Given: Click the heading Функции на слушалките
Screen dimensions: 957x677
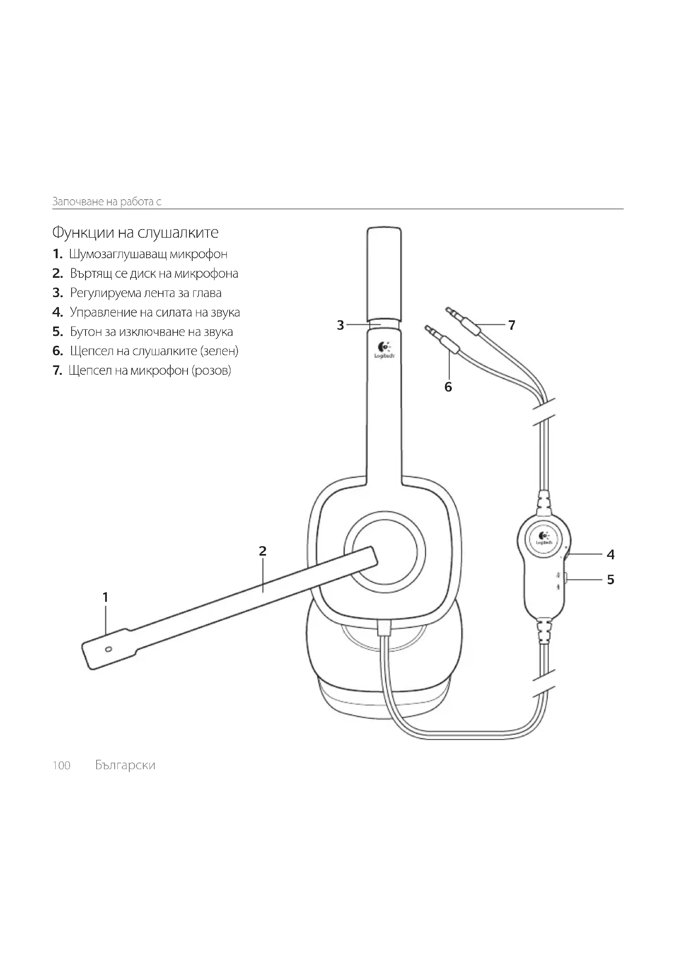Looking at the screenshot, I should tap(135, 232).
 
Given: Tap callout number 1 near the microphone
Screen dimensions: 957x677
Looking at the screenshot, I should tap(106, 597).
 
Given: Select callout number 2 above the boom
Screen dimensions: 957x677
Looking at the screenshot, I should tap(262, 551).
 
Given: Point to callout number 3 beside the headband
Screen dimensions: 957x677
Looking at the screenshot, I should tap(341, 325).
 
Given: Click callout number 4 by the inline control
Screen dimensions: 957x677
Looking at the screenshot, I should tap(611, 554).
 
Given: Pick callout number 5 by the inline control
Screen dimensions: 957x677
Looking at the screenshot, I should tap(611, 580).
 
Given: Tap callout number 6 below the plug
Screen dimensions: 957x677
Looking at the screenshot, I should tap(448, 387).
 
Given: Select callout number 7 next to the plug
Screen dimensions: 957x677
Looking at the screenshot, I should tap(512, 325).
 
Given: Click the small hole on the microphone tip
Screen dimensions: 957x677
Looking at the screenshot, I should tap(108, 649).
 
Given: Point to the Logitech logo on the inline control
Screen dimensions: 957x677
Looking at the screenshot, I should tap(544, 538).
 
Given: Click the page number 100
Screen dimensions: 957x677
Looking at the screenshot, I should tap(61, 765).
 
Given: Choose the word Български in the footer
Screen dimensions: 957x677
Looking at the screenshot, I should tap(125, 765).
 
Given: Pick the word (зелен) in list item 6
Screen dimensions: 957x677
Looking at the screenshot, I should tap(219, 351).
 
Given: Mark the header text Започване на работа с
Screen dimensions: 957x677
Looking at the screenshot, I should tap(107, 202).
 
